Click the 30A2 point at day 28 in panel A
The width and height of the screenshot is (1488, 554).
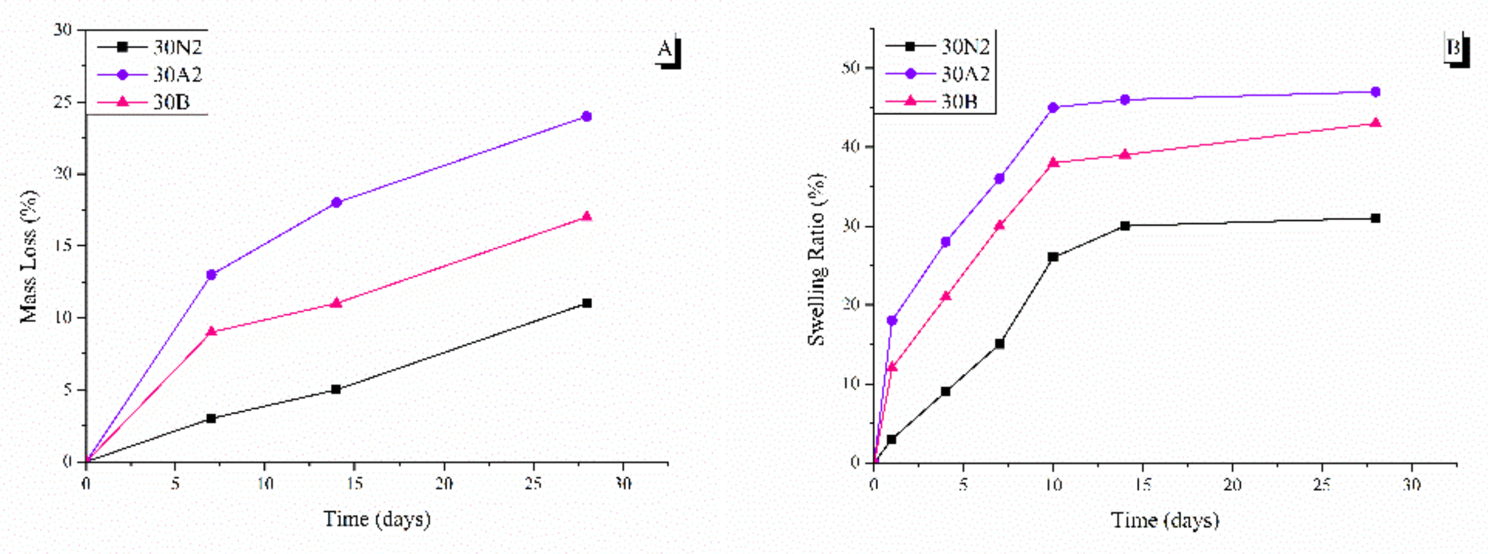587,116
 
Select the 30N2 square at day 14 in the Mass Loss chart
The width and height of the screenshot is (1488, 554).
336,389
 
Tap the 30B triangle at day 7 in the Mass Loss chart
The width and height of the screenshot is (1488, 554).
211,332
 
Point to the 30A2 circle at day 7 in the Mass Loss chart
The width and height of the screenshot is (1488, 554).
211,274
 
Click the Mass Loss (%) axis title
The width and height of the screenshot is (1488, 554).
29,256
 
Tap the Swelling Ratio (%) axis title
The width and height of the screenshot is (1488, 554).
816,259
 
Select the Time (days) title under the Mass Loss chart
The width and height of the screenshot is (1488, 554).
377,519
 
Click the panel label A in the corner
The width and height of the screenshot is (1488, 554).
666,49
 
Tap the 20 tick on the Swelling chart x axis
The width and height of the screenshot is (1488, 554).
1232,485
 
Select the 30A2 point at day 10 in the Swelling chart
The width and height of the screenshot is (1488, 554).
1053,107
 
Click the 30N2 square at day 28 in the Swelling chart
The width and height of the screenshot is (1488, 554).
1376,218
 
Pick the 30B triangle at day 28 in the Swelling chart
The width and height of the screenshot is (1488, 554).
1376,123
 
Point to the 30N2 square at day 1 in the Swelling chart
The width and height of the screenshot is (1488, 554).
891,439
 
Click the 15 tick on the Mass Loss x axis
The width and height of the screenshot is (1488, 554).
354,484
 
